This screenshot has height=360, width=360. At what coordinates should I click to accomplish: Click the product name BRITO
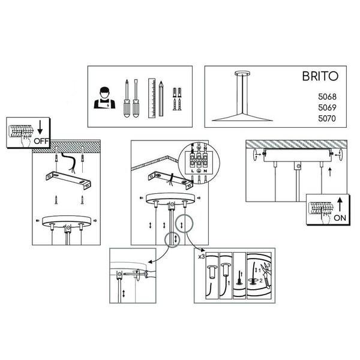(320, 76)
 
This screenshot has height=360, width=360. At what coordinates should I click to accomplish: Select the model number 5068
(327, 97)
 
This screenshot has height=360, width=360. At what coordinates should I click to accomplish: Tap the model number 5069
(327, 107)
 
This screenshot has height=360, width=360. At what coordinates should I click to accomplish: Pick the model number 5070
(327, 118)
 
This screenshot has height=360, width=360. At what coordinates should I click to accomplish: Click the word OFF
(41, 141)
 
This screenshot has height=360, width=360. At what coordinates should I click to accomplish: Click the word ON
(340, 218)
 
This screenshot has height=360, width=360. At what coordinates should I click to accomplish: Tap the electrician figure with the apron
(104, 98)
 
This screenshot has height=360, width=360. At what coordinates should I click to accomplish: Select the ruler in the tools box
(152, 98)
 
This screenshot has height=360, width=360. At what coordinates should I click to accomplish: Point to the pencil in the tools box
(161, 99)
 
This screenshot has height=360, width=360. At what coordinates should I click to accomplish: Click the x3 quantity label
(202, 257)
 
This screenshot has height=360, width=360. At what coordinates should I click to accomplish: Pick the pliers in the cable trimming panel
(266, 275)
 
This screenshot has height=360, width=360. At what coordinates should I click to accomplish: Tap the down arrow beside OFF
(40, 127)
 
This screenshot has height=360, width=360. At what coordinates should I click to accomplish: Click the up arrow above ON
(340, 205)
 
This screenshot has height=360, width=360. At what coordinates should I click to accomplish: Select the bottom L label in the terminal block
(193, 171)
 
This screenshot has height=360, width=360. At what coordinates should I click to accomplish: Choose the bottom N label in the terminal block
(205, 171)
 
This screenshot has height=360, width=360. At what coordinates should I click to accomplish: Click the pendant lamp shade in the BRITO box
(242, 117)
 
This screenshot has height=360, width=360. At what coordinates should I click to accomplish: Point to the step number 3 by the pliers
(269, 265)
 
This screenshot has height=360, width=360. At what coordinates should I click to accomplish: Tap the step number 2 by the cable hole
(261, 281)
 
